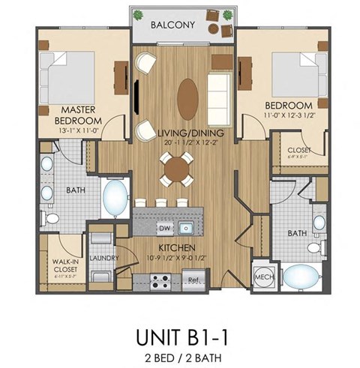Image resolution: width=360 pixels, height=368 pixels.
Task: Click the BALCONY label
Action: pyautogui.click(x=172, y=25)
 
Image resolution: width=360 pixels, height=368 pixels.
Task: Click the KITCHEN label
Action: pyautogui.click(x=177, y=247)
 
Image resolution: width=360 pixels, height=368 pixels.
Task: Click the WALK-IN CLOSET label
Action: pyautogui.click(x=67, y=267)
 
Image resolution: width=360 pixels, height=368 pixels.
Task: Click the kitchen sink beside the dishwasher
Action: pyautogui.click(x=187, y=227)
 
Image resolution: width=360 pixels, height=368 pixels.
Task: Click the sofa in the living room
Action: pyautogui.click(x=219, y=91)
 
